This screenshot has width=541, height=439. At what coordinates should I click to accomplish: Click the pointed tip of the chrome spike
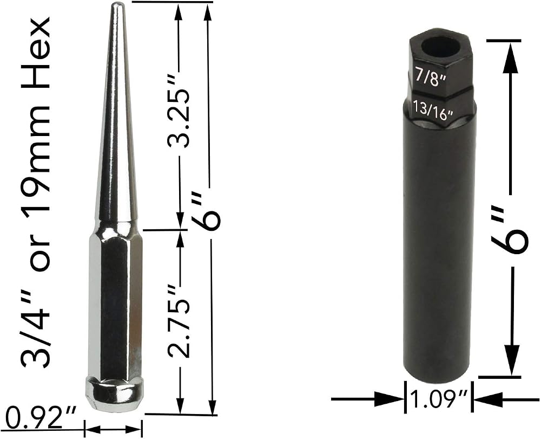pyautogui.click(x=116, y=4)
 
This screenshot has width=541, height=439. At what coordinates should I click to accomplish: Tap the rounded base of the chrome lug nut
pyautogui.click(x=114, y=393)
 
